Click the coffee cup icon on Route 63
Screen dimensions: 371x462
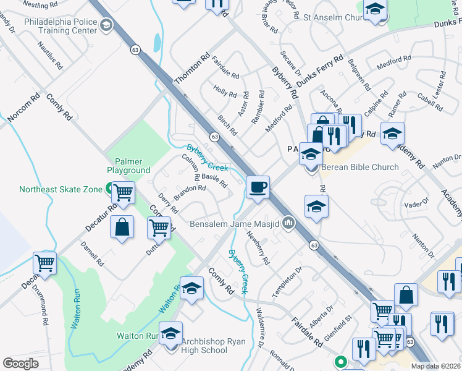tap(258, 186)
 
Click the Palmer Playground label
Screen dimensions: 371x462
tap(128, 165)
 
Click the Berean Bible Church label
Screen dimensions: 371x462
tap(359, 167)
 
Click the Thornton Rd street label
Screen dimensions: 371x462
tap(192, 69)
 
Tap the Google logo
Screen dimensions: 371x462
tap(21, 364)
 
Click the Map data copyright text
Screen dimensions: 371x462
tap(435, 367)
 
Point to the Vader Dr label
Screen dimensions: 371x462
tap(416, 203)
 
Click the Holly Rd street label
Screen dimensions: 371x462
tap(225, 92)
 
